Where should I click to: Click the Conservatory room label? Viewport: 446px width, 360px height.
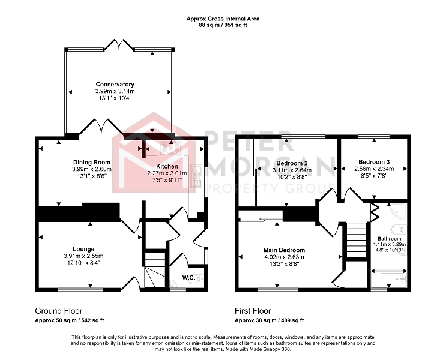click(x=115, y=84)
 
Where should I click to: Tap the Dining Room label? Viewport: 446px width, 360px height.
click(x=92, y=163)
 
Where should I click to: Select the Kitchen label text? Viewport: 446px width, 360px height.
click(x=167, y=166)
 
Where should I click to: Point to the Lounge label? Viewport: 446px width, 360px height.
click(x=83, y=249)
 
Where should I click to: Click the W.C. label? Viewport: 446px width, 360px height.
click(x=188, y=278)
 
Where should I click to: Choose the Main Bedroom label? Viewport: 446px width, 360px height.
click(x=284, y=250)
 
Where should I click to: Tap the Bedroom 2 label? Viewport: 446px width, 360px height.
click(x=292, y=163)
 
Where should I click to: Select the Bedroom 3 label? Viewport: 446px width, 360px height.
click(x=374, y=162)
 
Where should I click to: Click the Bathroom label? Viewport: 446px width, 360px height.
click(x=390, y=239)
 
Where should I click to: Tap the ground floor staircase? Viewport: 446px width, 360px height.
click(x=155, y=269)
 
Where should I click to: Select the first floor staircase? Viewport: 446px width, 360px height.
click(x=355, y=240)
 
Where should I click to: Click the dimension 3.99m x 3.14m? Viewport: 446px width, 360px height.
click(x=115, y=91)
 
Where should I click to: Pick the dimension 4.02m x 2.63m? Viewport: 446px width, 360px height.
click(x=284, y=257)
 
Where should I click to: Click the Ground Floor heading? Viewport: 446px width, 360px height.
click(x=59, y=311)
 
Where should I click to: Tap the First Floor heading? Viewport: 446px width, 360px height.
click(x=253, y=311)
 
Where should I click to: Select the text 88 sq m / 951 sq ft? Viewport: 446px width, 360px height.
click(x=223, y=25)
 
